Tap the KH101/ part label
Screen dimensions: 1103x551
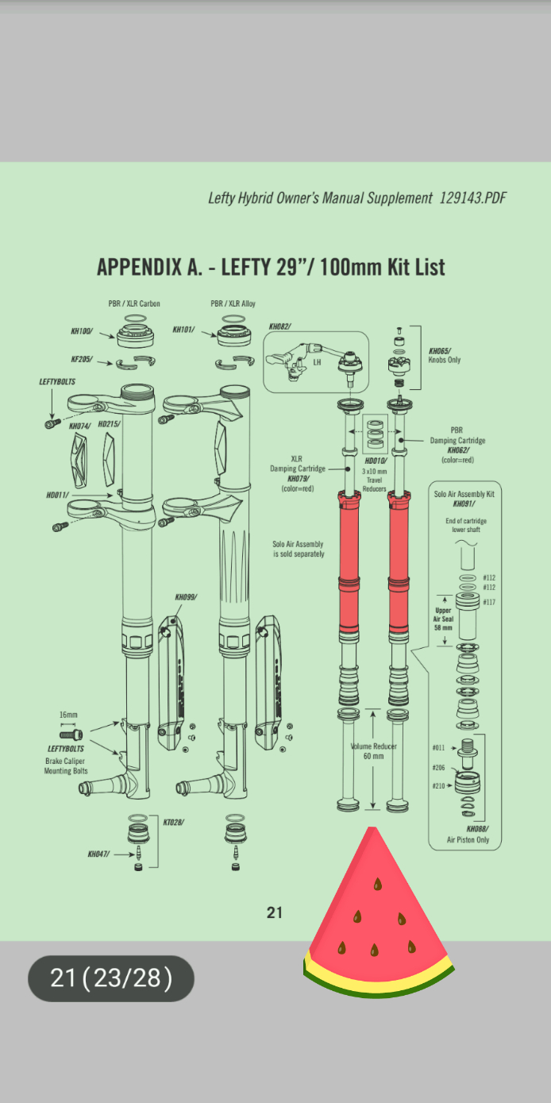(183, 329)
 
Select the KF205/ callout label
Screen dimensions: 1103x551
(81, 359)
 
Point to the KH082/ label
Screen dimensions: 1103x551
(279, 326)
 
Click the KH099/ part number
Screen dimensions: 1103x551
(186, 596)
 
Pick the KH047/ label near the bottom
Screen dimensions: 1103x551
(99, 854)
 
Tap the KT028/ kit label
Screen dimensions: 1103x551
(173, 822)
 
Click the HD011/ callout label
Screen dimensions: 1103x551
(58, 496)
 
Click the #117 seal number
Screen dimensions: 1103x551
(489, 603)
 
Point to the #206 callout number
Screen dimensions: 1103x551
(438, 768)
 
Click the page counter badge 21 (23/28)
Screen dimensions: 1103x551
(111, 978)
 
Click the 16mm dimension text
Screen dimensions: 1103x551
(68, 715)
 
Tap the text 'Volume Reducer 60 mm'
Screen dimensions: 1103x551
(373, 751)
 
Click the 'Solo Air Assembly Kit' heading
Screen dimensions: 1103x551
(464, 494)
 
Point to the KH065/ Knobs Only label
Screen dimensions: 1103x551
(445, 355)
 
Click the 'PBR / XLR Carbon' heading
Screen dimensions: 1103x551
(134, 303)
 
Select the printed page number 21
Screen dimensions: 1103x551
(275, 913)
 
